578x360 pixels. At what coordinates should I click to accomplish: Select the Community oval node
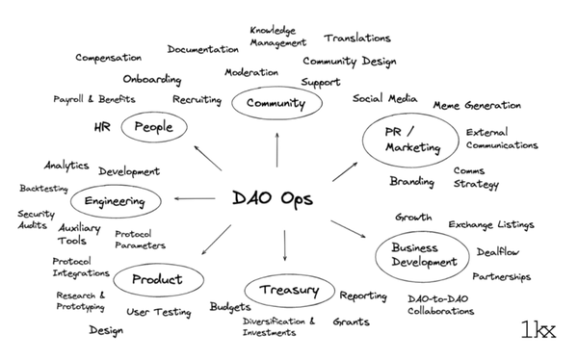(269, 103)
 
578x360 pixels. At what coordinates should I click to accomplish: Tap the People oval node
(154, 126)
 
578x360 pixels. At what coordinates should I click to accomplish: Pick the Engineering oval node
(115, 201)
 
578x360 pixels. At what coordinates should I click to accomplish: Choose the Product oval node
(156, 279)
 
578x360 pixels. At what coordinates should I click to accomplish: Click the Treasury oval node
(288, 289)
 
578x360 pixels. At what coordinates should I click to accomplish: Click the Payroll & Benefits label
(94, 99)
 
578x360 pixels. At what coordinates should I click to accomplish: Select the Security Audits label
(37, 219)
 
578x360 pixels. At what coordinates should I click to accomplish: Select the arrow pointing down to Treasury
(285, 245)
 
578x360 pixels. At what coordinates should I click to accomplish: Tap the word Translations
(357, 39)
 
